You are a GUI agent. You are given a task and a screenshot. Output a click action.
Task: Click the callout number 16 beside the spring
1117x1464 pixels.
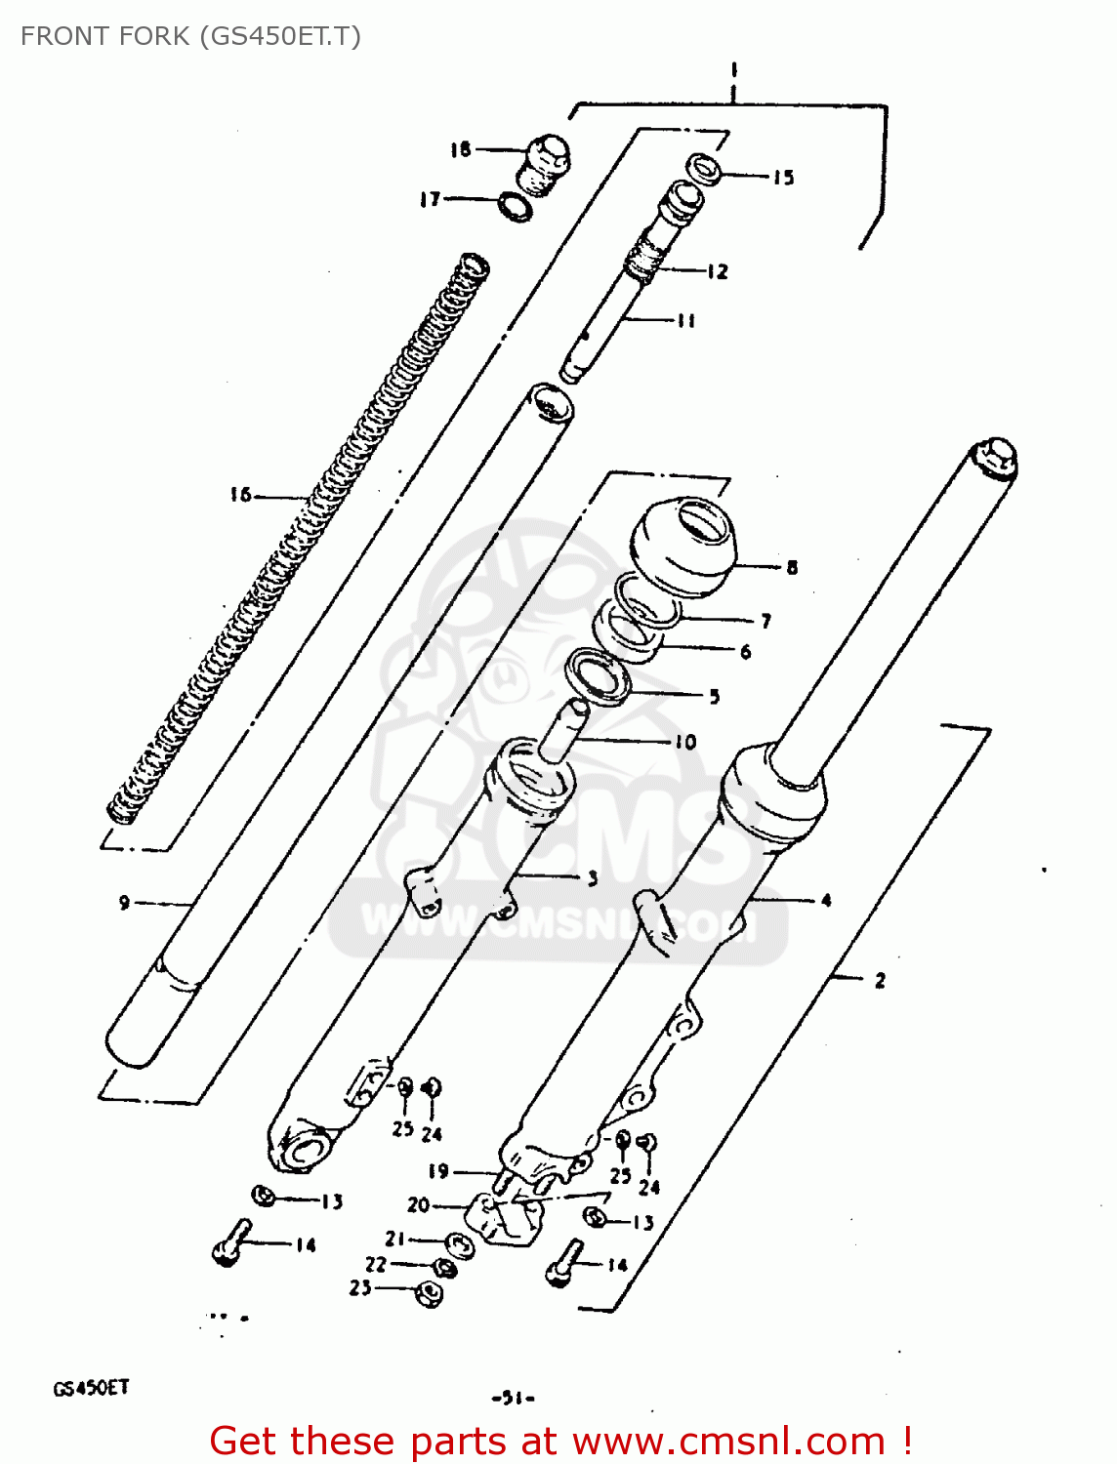click(x=240, y=495)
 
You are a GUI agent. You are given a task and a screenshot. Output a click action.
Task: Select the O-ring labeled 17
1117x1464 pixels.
click(x=515, y=207)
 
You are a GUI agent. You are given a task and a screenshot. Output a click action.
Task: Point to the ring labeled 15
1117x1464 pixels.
click(x=704, y=169)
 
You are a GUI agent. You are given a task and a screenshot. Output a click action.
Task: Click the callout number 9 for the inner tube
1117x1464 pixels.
click(x=124, y=903)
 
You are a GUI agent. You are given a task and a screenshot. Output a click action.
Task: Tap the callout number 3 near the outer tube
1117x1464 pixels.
click(x=592, y=878)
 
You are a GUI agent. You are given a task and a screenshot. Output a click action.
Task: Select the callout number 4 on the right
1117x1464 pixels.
click(x=826, y=900)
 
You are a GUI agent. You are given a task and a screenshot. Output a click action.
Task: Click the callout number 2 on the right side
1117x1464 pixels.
click(x=880, y=980)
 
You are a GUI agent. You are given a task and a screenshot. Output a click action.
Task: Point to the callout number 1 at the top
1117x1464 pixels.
click(x=732, y=70)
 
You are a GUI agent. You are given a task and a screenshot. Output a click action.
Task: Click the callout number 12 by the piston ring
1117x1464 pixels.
click(x=718, y=271)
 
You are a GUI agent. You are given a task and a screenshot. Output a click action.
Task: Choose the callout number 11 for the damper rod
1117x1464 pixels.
click(x=685, y=320)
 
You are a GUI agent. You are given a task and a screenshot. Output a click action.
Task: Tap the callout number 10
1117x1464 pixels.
click(x=685, y=742)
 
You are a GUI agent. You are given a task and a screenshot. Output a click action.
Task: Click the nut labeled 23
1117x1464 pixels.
click(x=429, y=1293)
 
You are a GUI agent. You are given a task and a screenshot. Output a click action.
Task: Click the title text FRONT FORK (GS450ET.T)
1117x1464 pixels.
click(x=190, y=36)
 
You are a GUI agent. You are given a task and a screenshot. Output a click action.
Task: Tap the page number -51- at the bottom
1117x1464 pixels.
click(x=513, y=1398)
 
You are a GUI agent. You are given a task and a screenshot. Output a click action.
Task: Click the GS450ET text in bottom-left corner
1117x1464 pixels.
click(x=90, y=1388)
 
